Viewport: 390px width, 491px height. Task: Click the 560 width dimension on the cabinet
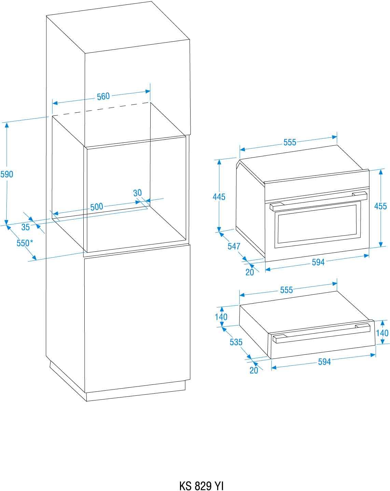[x=103, y=97]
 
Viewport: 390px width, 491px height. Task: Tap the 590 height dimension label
[x=6, y=174]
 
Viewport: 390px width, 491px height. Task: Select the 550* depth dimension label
[x=25, y=243]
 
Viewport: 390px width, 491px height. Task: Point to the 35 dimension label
[x=26, y=227]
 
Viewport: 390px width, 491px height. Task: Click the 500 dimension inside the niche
[x=97, y=207]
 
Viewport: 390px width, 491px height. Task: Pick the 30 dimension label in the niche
[x=137, y=193]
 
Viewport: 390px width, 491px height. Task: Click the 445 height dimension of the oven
[x=219, y=197]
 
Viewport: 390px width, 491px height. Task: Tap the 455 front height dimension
[x=380, y=206]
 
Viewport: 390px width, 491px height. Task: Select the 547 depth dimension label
[x=234, y=246]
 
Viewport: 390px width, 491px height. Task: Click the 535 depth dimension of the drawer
[x=236, y=342]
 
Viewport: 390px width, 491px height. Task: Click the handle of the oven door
[x=319, y=201]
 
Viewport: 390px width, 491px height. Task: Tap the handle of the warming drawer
[x=322, y=333]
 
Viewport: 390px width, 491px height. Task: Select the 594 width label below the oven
[x=318, y=262]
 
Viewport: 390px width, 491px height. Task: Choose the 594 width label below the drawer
[x=324, y=362]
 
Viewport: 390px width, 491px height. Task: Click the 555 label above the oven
[x=290, y=142]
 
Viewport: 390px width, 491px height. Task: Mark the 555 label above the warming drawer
[x=287, y=290]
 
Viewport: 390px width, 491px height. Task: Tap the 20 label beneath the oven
[x=250, y=272]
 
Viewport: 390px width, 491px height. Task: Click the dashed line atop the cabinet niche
[x=101, y=109]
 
